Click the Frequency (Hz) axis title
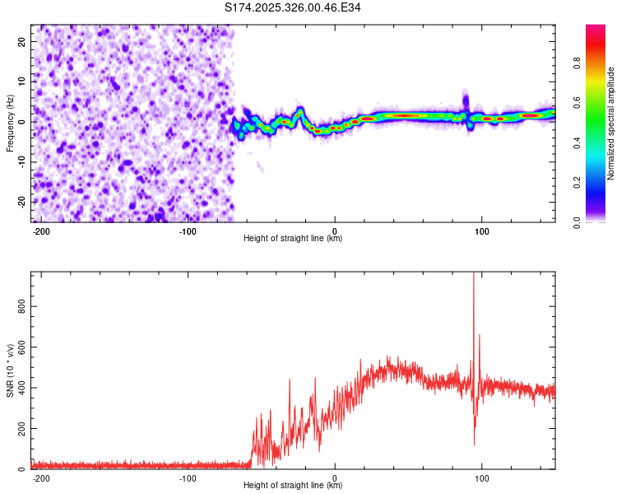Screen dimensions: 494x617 (x=10, y=123)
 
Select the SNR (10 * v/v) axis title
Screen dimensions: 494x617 (x=10, y=370)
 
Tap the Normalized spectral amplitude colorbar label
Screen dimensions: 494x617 (x=610, y=123)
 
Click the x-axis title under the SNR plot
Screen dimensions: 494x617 (x=293, y=486)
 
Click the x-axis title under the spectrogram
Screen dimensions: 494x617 (x=293, y=239)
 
